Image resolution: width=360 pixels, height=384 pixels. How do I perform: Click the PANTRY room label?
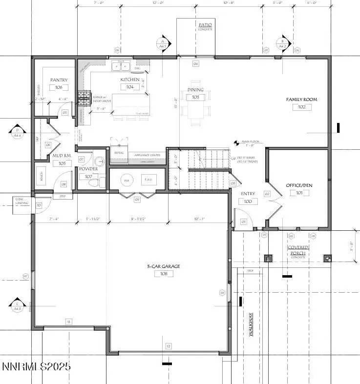tap(59, 80)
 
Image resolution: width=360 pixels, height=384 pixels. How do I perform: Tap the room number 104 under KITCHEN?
tap(130, 86)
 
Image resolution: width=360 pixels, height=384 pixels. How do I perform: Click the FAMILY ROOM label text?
tap(301, 100)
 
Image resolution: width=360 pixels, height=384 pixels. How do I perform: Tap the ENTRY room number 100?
tap(248, 202)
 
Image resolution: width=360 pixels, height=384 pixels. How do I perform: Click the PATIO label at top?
tap(205, 24)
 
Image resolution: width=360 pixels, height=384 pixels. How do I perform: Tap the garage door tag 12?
tap(169, 346)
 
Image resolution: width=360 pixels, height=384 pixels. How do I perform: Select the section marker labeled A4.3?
tap(17, 306)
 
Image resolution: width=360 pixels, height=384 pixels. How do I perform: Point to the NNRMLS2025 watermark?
tap(36, 366)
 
